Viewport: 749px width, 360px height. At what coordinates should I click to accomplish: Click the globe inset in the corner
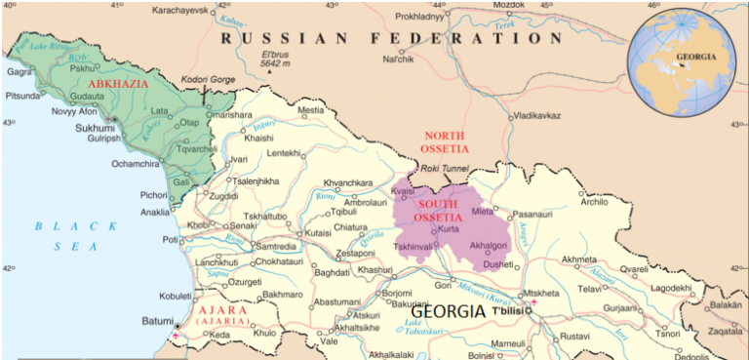click(686, 59)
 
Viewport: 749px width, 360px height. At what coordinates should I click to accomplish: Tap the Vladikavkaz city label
click(534, 115)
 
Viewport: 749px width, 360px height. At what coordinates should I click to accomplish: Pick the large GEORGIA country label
click(439, 311)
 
